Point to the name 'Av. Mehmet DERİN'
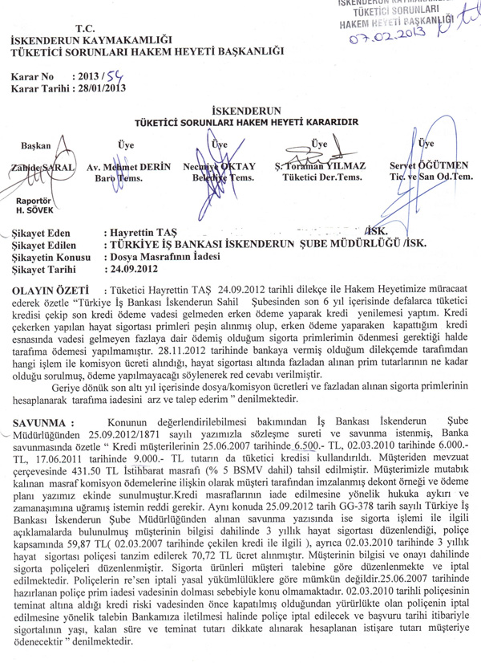[119, 166]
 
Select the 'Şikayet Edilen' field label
[48, 244]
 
